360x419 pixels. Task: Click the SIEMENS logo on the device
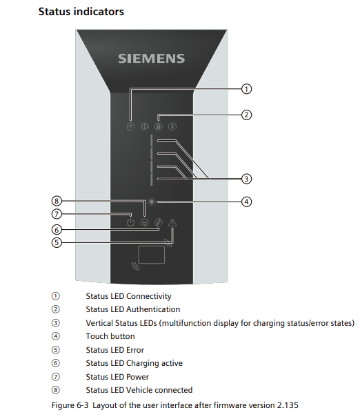tap(151, 59)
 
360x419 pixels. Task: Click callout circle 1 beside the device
tap(247, 88)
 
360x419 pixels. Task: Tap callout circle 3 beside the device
tap(247, 178)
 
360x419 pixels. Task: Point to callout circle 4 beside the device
tap(247, 202)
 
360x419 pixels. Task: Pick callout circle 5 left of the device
tap(57, 242)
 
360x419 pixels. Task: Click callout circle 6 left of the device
tap(57, 229)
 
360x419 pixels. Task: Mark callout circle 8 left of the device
tap(57, 201)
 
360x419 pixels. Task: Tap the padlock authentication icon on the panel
tap(159, 126)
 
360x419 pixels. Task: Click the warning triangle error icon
tap(172, 222)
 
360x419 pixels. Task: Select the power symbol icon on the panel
tap(131, 222)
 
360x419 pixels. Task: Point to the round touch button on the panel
tap(152, 202)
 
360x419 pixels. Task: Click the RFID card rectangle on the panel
tap(151, 255)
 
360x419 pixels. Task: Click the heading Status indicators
tap(81, 12)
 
